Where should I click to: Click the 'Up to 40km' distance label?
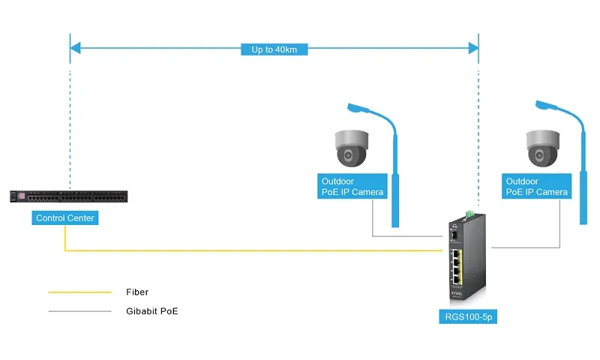(x=274, y=49)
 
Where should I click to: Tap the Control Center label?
(x=65, y=218)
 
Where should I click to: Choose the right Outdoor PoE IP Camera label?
(x=537, y=187)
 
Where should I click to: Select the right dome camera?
(x=541, y=147)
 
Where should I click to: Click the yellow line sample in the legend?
(x=79, y=292)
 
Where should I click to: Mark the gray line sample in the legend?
(x=79, y=310)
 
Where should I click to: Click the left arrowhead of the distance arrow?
(x=74, y=49)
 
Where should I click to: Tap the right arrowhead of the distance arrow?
(x=473, y=49)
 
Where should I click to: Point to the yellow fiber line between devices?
(x=255, y=250)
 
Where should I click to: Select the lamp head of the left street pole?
(x=358, y=110)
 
